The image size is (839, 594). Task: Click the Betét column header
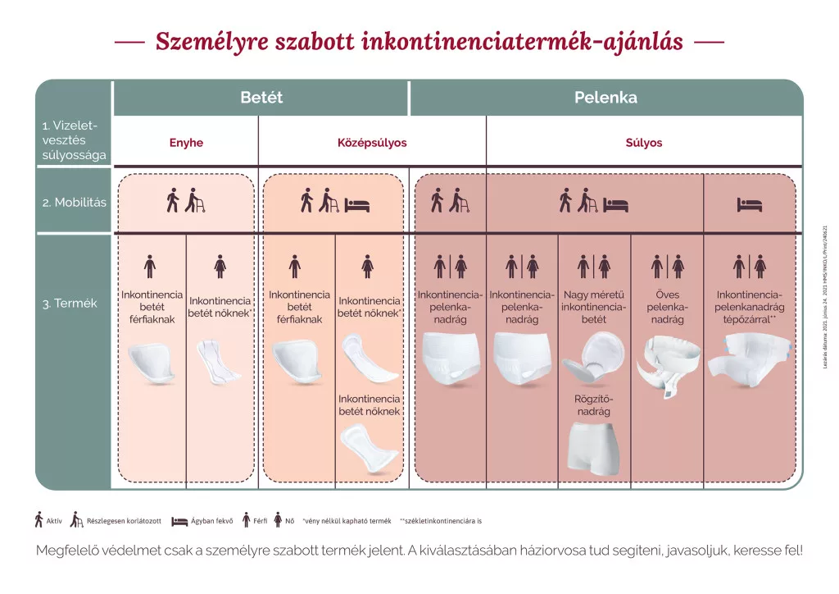[x=261, y=98]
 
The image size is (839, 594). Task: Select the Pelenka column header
[x=605, y=98]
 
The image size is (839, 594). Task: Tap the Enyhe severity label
[x=186, y=143]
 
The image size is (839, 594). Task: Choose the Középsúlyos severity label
[x=372, y=143]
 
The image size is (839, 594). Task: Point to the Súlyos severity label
[x=644, y=143]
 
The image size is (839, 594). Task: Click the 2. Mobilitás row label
[x=75, y=202]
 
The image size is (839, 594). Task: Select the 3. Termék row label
[x=70, y=304]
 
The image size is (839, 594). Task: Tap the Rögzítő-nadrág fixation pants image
[x=594, y=446]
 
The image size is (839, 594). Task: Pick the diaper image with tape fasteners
[x=749, y=358]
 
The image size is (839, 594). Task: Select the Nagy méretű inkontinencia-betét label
[x=594, y=307]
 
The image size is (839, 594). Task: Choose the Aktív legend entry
[x=49, y=520]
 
